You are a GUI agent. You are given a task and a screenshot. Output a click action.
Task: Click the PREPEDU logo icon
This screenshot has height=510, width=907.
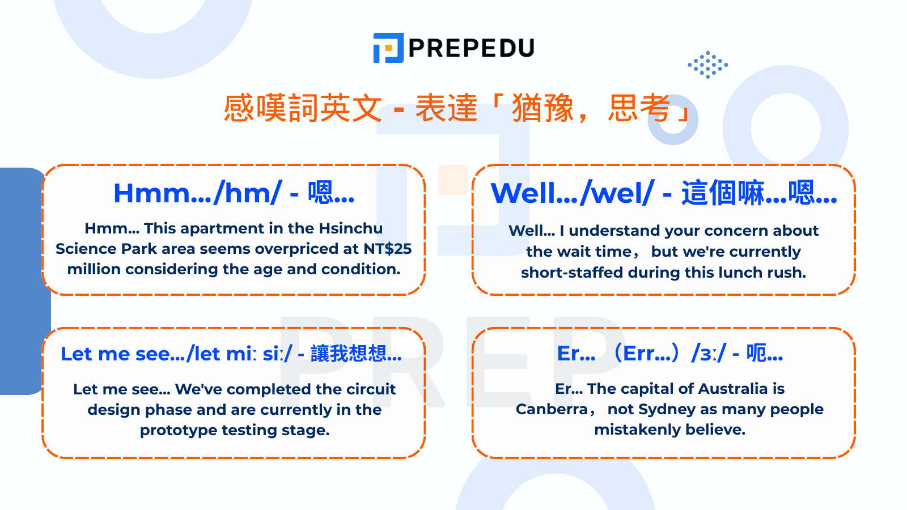388,48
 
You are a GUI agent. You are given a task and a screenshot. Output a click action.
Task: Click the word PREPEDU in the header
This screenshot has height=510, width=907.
471,48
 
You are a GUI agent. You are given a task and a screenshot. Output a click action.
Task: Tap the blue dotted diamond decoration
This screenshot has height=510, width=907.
707,65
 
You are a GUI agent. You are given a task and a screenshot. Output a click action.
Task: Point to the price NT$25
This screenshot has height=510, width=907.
388,249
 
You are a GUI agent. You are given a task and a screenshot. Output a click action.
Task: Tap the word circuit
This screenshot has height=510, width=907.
371,389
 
